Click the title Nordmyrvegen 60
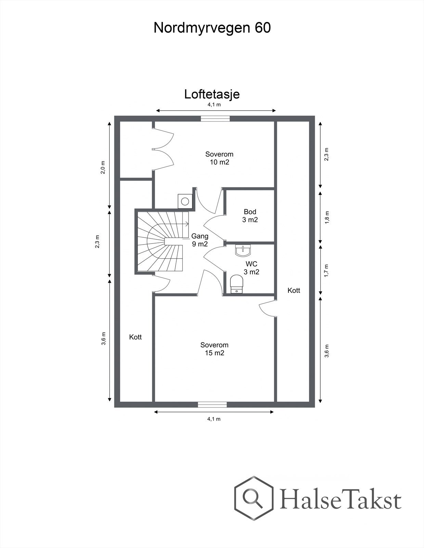tap(212, 28)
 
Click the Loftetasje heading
tap(212, 94)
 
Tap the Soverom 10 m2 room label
tap(219, 158)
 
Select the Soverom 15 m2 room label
tap(214, 349)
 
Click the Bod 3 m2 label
tap(250, 216)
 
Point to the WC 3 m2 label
tap(251, 268)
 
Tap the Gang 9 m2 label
tap(200, 240)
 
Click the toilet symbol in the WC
tap(237, 284)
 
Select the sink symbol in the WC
tap(243, 251)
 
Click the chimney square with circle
tap(185, 201)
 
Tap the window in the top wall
tap(215, 119)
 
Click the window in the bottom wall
tap(212, 404)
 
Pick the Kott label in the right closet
tap(294, 290)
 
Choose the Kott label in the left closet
tap(135, 337)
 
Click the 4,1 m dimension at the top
tap(214, 105)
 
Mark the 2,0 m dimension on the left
tap(103, 167)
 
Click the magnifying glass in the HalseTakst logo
tap(252, 497)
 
